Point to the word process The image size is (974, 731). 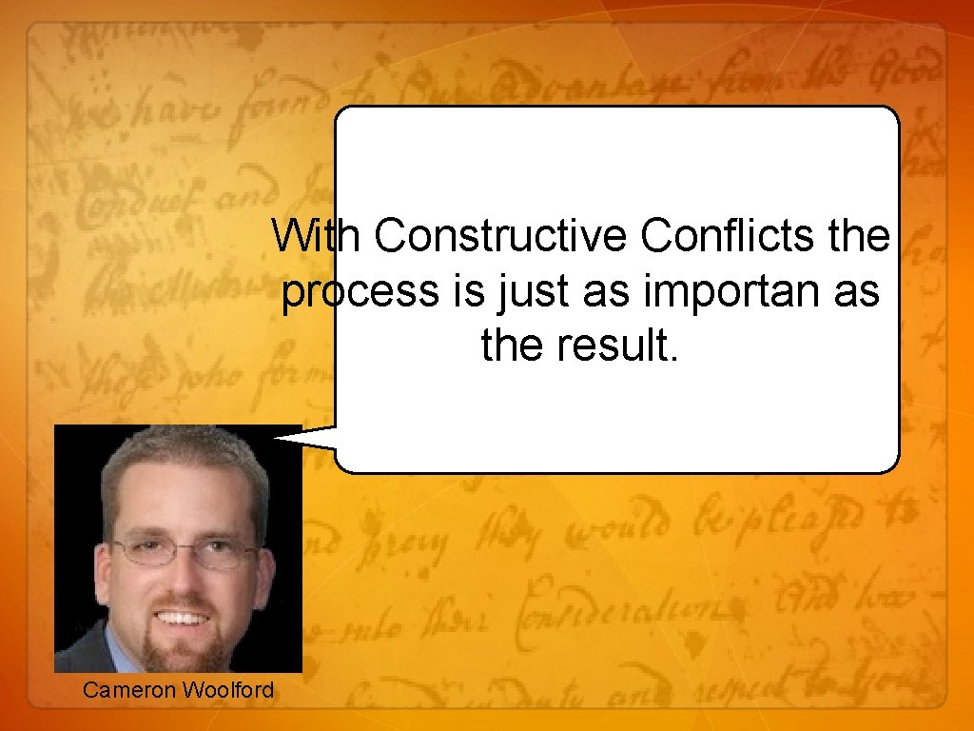(356, 293)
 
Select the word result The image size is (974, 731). (619, 347)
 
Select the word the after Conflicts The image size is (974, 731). (859, 236)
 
